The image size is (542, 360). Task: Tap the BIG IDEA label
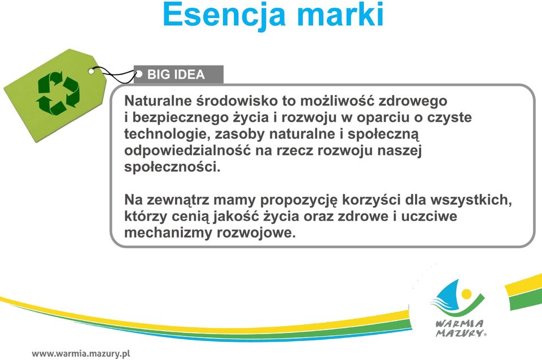176,74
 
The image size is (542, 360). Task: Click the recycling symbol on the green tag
58,93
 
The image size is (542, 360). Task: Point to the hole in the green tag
91,71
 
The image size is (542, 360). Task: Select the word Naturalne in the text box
158,101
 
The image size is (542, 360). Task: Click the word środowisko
237,101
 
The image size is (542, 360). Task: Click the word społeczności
172,168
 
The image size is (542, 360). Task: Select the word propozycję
299,200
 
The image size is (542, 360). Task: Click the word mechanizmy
168,233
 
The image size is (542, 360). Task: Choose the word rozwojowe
256,233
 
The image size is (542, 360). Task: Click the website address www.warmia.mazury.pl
81,354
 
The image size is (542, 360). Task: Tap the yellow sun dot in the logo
466,294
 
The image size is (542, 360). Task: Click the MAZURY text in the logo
460,333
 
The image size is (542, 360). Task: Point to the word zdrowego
413,102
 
